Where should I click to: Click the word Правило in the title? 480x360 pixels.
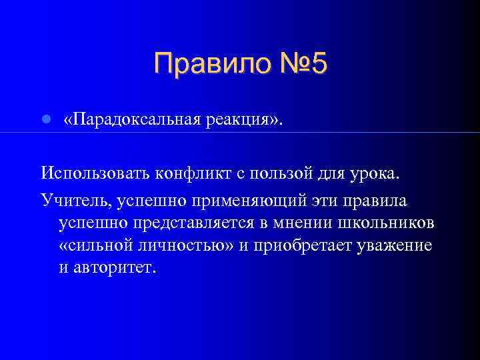tap(207, 65)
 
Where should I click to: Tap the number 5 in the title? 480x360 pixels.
tap(319, 65)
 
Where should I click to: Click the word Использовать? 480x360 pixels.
tap(95, 175)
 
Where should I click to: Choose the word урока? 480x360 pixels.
tap(376, 175)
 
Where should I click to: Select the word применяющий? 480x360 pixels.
tap(249, 199)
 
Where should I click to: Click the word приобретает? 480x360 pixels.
tap(299, 245)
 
